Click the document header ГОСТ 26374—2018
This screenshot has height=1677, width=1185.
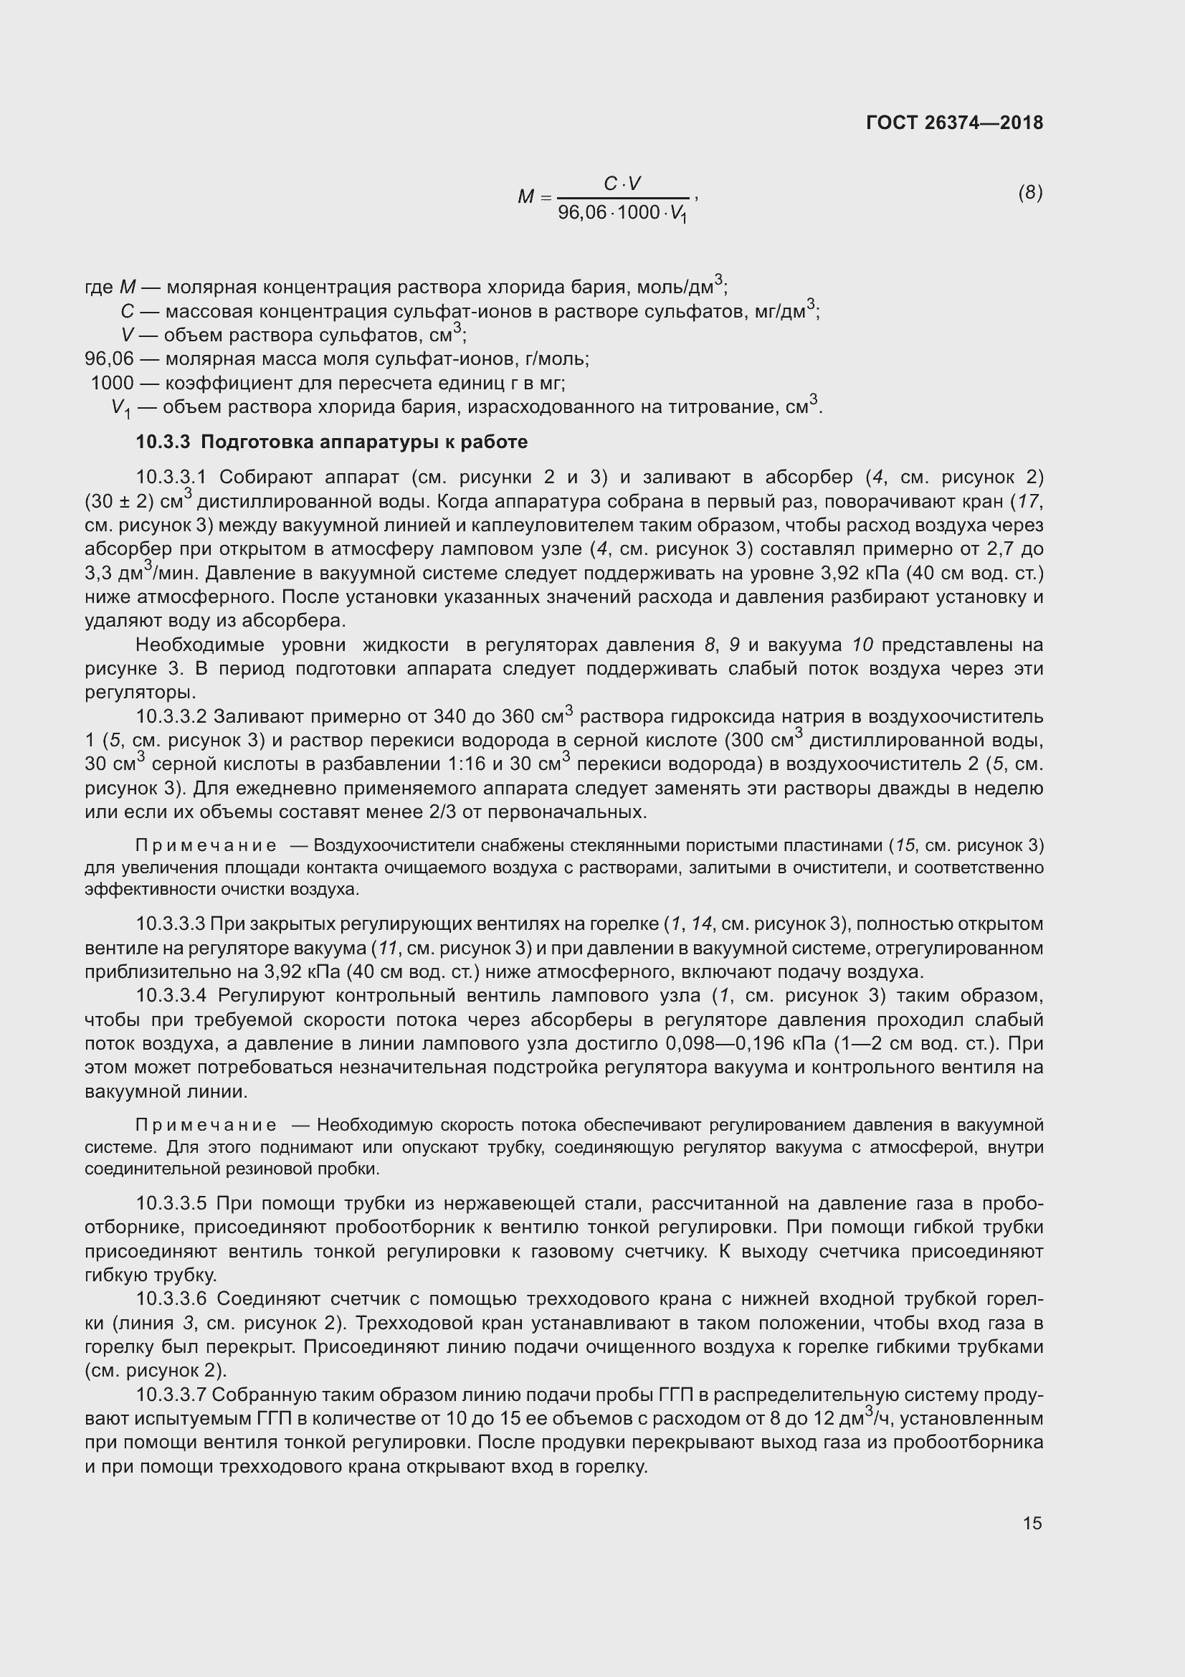[x=954, y=123]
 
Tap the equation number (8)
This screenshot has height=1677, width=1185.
[x=1030, y=193]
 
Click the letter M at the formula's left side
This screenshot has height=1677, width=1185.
[x=525, y=196]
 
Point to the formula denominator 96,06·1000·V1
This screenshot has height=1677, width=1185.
[x=622, y=213]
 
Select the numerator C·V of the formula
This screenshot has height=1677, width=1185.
[x=622, y=184]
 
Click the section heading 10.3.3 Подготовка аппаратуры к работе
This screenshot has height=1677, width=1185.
[x=331, y=442]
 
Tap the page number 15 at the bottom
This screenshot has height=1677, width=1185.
[x=1032, y=1523]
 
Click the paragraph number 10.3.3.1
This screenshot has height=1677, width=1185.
[x=172, y=478]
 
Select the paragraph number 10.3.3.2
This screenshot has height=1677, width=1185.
[x=172, y=716]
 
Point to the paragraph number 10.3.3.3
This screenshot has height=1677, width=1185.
[x=172, y=924]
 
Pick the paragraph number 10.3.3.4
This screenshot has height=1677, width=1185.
[x=172, y=996]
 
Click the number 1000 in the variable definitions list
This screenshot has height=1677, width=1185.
[x=113, y=383]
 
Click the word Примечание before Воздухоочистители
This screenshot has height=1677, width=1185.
[x=206, y=846]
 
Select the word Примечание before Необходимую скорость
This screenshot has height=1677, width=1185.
[x=206, y=1125]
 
